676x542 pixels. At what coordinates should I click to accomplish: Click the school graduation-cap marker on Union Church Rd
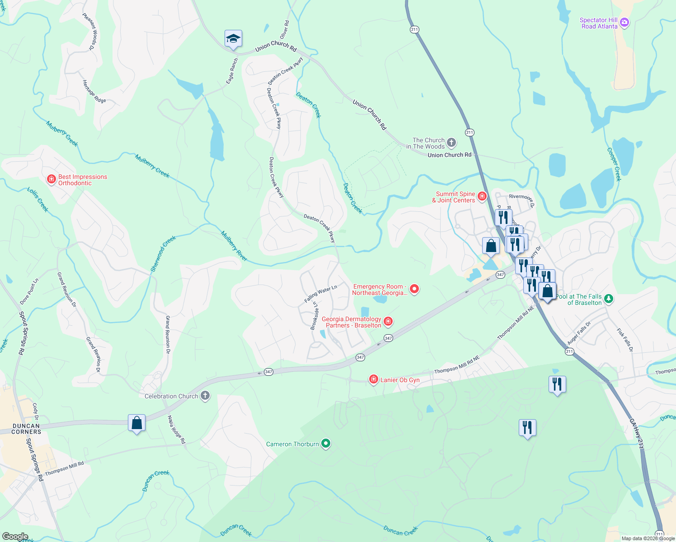click(233, 39)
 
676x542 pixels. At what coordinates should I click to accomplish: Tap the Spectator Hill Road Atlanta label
click(599, 23)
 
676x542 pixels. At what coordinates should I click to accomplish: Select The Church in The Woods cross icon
click(451, 143)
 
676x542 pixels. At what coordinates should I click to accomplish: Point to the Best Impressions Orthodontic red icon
click(52, 180)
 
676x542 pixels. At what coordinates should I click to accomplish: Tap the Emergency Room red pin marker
click(414, 289)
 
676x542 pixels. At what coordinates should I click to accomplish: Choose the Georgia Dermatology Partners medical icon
click(388, 322)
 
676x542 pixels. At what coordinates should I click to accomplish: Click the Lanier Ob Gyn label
click(399, 380)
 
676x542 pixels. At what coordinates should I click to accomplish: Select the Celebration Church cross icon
click(205, 396)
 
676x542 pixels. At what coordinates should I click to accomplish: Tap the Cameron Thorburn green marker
click(325, 444)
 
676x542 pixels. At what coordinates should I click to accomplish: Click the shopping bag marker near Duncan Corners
click(136, 423)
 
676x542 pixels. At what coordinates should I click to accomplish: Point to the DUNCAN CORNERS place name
click(26, 429)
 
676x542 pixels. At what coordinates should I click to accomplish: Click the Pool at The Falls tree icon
click(609, 299)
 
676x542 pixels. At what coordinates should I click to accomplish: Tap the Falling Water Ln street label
click(321, 294)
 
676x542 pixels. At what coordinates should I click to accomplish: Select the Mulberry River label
click(234, 246)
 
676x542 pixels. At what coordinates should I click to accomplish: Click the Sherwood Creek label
click(163, 254)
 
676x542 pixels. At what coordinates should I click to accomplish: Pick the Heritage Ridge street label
click(94, 92)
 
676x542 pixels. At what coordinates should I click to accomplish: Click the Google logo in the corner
click(15, 536)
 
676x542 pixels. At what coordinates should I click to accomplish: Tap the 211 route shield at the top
click(414, 29)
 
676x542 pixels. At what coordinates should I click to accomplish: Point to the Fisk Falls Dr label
click(625, 340)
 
